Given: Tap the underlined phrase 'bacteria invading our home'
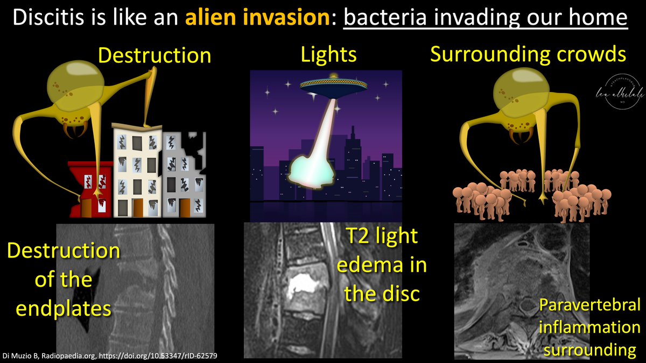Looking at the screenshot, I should point(486,19).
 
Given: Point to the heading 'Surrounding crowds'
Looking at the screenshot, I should point(528,54).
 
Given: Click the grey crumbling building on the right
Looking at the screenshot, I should point(183,172).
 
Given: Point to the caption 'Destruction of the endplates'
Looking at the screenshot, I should point(62,280).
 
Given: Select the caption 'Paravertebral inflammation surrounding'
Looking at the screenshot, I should point(590,327).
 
